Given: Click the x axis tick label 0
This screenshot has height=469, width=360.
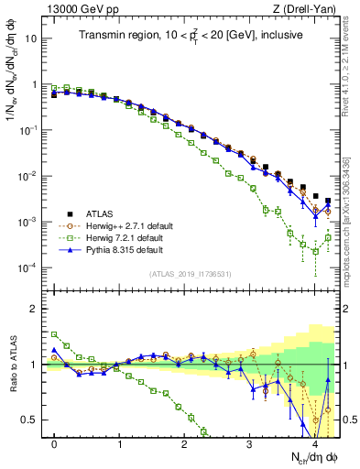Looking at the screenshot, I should tap(54, 442).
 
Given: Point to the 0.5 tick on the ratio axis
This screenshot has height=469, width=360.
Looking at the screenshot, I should tap(31, 420).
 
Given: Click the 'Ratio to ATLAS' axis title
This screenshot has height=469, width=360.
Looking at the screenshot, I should tap(12, 365).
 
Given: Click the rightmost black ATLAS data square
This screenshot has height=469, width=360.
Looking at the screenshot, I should tap(328, 201).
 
